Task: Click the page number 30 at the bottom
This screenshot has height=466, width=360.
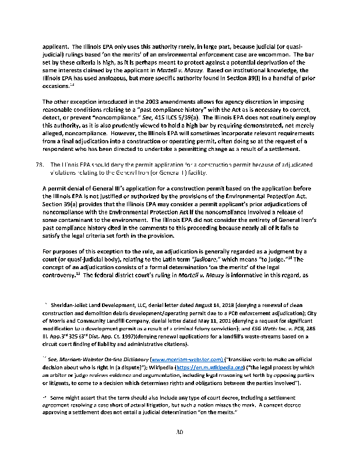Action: (180, 432)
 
